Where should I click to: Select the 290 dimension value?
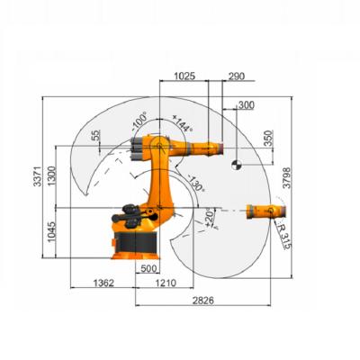coord(238,77)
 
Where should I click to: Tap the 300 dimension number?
coord(245,105)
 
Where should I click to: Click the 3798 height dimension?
coord(286,178)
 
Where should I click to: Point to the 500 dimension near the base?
coord(149,269)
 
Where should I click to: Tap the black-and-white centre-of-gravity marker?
coord(236,163)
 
